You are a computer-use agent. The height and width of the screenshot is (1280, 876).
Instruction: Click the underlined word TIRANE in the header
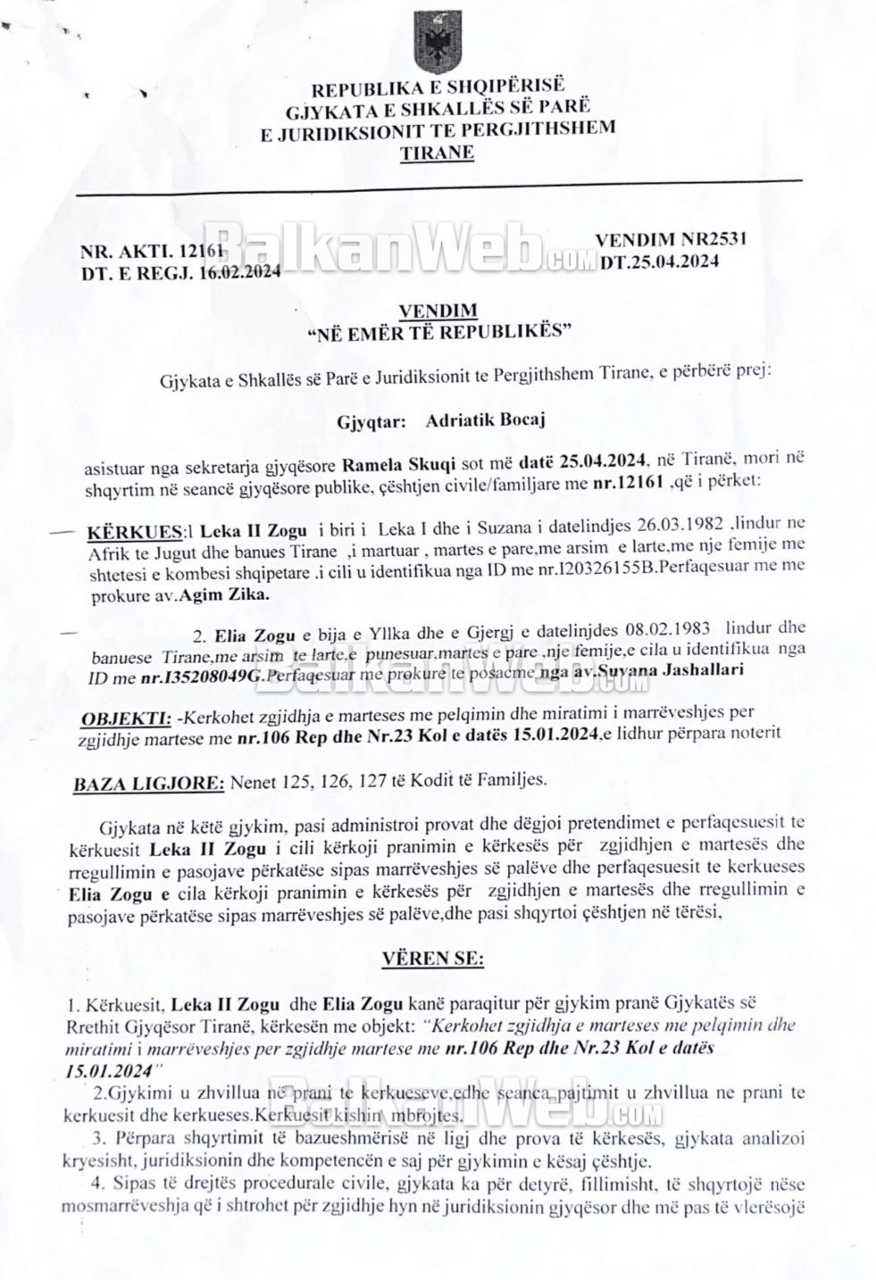point(438,153)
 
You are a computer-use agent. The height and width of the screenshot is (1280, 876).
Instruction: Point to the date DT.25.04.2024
point(660,262)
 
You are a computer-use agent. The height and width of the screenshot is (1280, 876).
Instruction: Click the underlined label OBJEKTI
point(113,718)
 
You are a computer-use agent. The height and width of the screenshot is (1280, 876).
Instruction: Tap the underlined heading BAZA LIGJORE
point(148,783)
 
